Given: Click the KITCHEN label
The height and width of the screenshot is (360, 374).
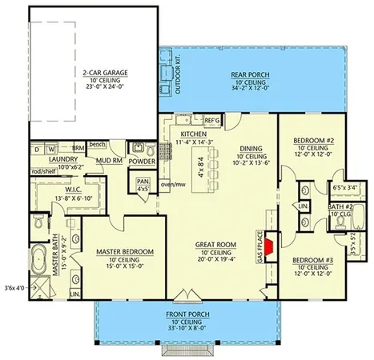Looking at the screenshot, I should (193, 134).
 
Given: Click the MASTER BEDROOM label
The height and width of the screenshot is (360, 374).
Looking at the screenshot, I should (124, 252).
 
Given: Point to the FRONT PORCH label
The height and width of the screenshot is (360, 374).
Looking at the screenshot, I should (189, 314).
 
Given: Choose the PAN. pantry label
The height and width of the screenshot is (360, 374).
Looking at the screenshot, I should (143, 182).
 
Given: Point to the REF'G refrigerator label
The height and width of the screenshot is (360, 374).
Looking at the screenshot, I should (212, 120).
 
